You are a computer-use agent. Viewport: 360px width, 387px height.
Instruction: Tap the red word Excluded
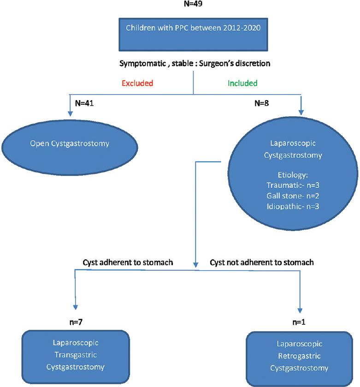137,84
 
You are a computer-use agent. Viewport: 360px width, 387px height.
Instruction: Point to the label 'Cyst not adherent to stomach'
262,263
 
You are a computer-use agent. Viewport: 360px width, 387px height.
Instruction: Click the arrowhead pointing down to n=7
76,308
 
